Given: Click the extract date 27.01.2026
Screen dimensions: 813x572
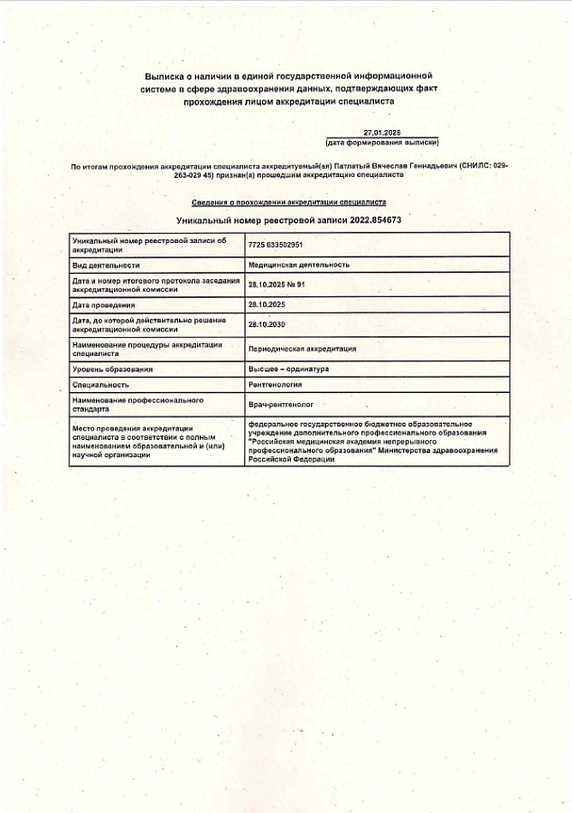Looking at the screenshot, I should pos(381,133).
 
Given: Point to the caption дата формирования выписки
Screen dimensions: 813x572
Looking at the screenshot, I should pos(382,143).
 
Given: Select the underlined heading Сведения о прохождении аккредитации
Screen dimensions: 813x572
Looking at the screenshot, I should pos(289,203).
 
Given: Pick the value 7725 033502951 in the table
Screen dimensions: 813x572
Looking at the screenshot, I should pos(276,245).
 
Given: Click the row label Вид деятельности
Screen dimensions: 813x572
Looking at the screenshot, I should pos(106,265).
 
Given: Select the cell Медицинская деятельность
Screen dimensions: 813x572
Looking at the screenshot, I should pos(299,265).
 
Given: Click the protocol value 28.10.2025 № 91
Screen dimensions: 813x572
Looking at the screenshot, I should pos(277,285).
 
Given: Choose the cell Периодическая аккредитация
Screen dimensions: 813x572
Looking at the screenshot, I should pos(302,349).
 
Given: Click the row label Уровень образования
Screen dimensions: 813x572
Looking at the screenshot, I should pos(113,369).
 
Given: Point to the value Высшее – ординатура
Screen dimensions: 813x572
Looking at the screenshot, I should pos(288,369).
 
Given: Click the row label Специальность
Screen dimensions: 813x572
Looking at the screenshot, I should pos(100,384).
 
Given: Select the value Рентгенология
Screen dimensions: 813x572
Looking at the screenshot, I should pos(276,384).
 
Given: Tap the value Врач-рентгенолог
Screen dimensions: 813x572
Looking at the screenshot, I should pos(280,404).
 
